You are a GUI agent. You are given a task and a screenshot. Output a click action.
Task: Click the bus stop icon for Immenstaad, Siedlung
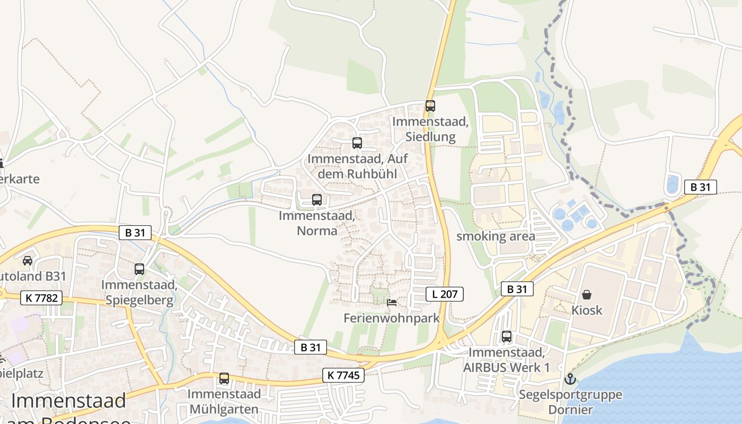click(x=430, y=106)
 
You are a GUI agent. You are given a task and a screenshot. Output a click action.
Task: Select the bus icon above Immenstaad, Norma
click(x=317, y=200)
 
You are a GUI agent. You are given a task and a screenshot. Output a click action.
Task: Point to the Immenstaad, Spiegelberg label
click(x=139, y=293)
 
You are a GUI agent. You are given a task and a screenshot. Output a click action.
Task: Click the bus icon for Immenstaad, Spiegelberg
click(x=139, y=269)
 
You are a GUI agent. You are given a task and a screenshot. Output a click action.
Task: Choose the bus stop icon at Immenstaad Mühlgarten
click(x=224, y=378)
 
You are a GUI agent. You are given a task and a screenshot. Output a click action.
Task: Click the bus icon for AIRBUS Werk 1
click(x=507, y=337)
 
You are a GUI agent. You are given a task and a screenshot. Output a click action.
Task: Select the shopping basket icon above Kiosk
click(x=587, y=295)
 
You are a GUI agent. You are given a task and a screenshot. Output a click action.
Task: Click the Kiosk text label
click(x=587, y=310)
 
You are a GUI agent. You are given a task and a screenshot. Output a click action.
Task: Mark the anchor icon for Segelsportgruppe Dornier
click(x=570, y=379)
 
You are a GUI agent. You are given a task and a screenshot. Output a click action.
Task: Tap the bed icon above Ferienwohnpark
click(x=392, y=303)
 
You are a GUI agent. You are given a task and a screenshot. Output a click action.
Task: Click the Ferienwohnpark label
click(x=392, y=318)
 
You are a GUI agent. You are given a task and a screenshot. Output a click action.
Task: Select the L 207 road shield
click(x=445, y=294)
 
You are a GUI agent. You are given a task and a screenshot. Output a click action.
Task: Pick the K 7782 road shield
click(x=41, y=298)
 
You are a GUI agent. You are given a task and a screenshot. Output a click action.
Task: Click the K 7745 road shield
click(x=343, y=376)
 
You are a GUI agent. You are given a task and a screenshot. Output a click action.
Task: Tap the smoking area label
click(x=496, y=236)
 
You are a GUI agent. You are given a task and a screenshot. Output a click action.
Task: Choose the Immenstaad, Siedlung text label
click(x=430, y=129)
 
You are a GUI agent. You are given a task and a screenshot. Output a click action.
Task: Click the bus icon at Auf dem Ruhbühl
click(x=357, y=143)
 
